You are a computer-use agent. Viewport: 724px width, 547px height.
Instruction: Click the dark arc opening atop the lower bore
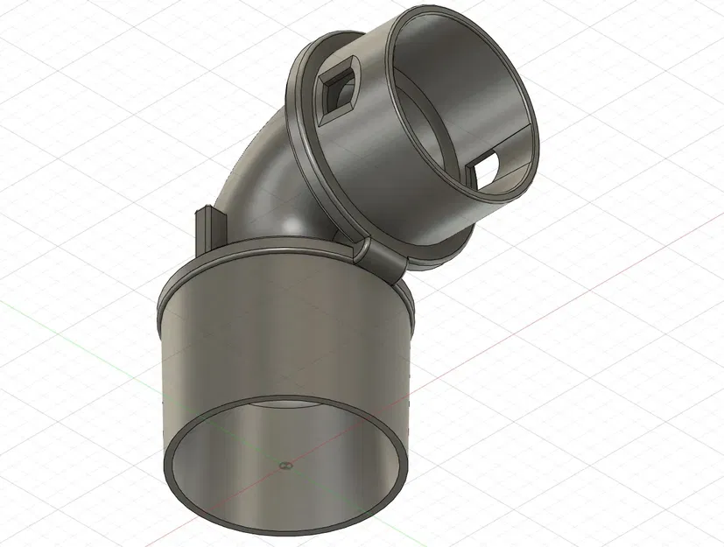tap(289, 405)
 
